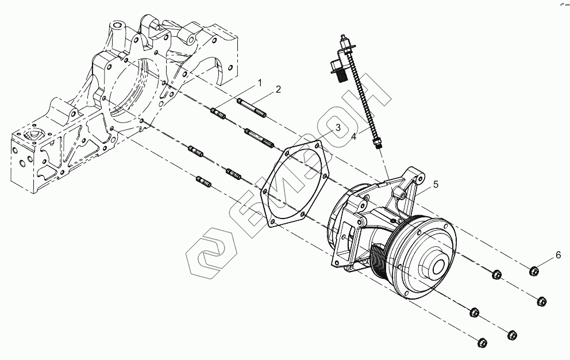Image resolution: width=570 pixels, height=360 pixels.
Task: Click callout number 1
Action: [x=259, y=83]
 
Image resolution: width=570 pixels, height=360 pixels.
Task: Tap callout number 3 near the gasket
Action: [x=338, y=127]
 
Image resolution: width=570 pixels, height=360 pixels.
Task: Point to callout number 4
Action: [x=354, y=137]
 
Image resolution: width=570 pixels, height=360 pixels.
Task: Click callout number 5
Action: [x=436, y=185]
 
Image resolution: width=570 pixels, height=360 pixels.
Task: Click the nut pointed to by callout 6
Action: [x=534, y=270]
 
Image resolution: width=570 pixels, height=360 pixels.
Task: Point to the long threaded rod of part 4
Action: [x=362, y=98]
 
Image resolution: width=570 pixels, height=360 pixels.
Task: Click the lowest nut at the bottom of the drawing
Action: [x=482, y=343]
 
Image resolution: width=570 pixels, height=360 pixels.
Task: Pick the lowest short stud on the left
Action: [x=204, y=182]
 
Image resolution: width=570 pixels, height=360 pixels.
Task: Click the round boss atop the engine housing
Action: [x=118, y=26]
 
